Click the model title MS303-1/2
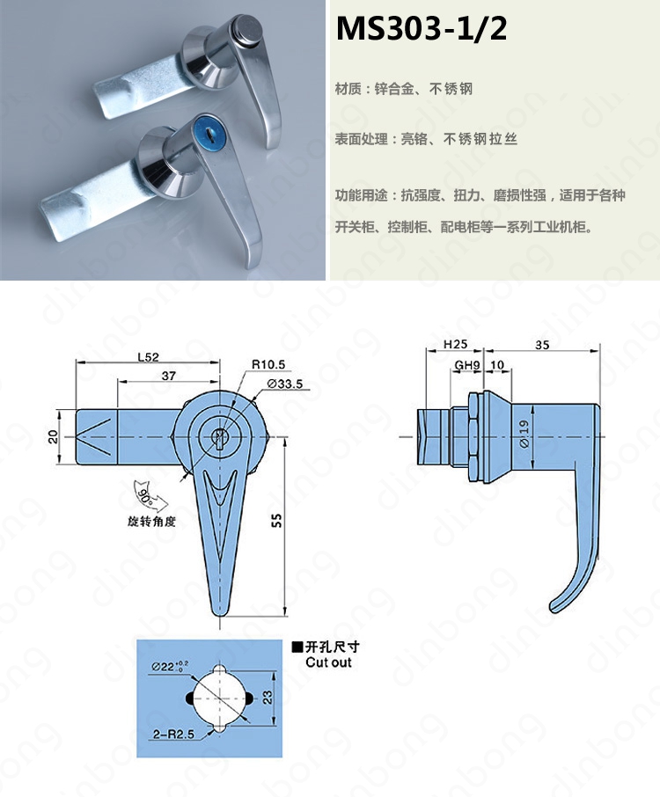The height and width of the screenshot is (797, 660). [421, 28]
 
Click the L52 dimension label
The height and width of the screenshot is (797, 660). [149, 357]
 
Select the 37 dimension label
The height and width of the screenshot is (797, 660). [169, 376]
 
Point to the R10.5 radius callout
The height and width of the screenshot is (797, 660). [268, 364]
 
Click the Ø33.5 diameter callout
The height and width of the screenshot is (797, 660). [285, 384]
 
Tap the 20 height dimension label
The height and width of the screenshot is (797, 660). [54, 436]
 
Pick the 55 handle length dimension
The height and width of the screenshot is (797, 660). [276, 520]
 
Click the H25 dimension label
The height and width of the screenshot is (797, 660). [455, 345]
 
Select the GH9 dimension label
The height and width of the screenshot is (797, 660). [466, 365]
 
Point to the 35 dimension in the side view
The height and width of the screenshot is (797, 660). [542, 345]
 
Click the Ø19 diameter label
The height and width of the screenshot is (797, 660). [524, 433]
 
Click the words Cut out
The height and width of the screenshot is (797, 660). [328, 662]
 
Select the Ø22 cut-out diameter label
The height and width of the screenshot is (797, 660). [170, 665]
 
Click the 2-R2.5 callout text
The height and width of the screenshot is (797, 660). [173, 734]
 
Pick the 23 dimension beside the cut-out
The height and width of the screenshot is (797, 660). [268, 697]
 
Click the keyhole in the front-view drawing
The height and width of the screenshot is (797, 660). [220, 437]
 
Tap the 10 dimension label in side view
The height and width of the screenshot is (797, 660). [497, 365]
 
